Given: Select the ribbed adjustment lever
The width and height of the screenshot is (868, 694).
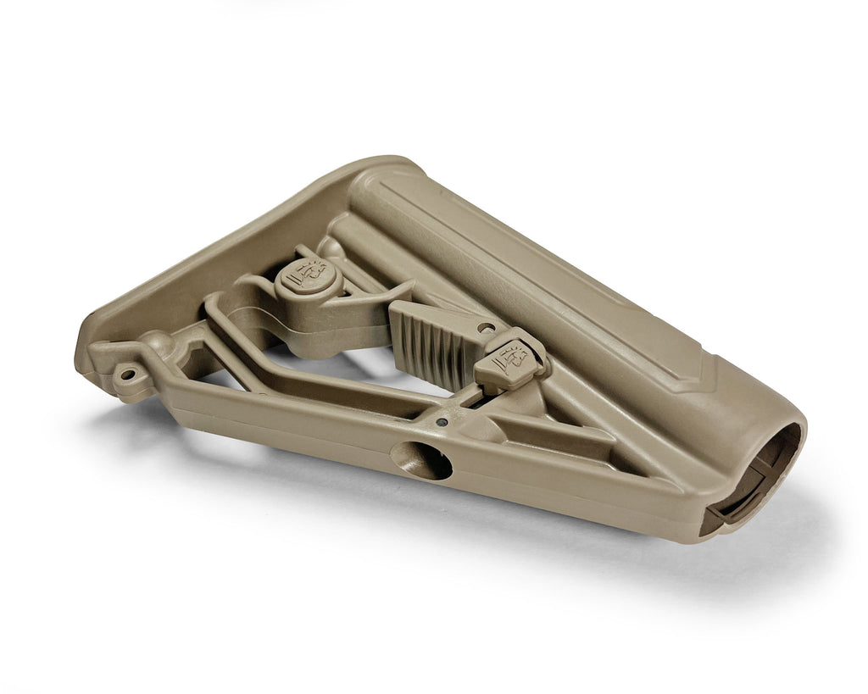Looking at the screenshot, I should point(427,340).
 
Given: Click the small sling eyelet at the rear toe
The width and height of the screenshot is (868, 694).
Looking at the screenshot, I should point(127,372).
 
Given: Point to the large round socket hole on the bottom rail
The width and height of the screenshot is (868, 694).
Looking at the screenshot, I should point(421,462).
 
